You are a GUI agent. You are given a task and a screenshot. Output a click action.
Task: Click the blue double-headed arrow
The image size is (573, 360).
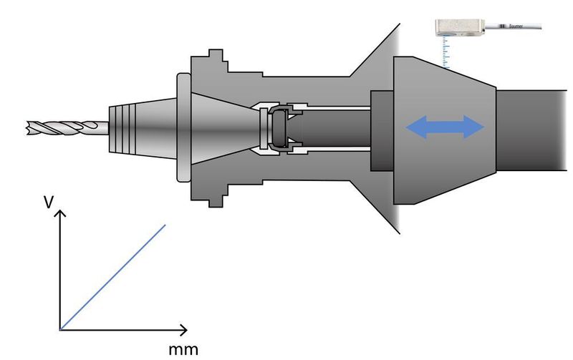click(x=445, y=127)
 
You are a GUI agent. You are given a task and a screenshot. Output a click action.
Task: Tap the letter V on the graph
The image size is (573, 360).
click(x=48, y=203)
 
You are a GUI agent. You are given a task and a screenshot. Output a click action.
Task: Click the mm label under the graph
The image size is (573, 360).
click(x=183, y=349)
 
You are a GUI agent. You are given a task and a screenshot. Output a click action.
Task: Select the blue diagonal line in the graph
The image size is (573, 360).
click(x=115, y=276)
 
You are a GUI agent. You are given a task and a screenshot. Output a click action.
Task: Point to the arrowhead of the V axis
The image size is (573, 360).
click(x=62, y=214)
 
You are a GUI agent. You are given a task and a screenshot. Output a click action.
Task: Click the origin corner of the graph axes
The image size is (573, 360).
click(x=62, y=329)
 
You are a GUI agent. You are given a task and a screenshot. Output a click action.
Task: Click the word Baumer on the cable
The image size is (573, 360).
click(x=519, y=27)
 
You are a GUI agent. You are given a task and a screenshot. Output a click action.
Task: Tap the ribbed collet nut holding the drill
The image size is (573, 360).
click(x=128, y=129)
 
